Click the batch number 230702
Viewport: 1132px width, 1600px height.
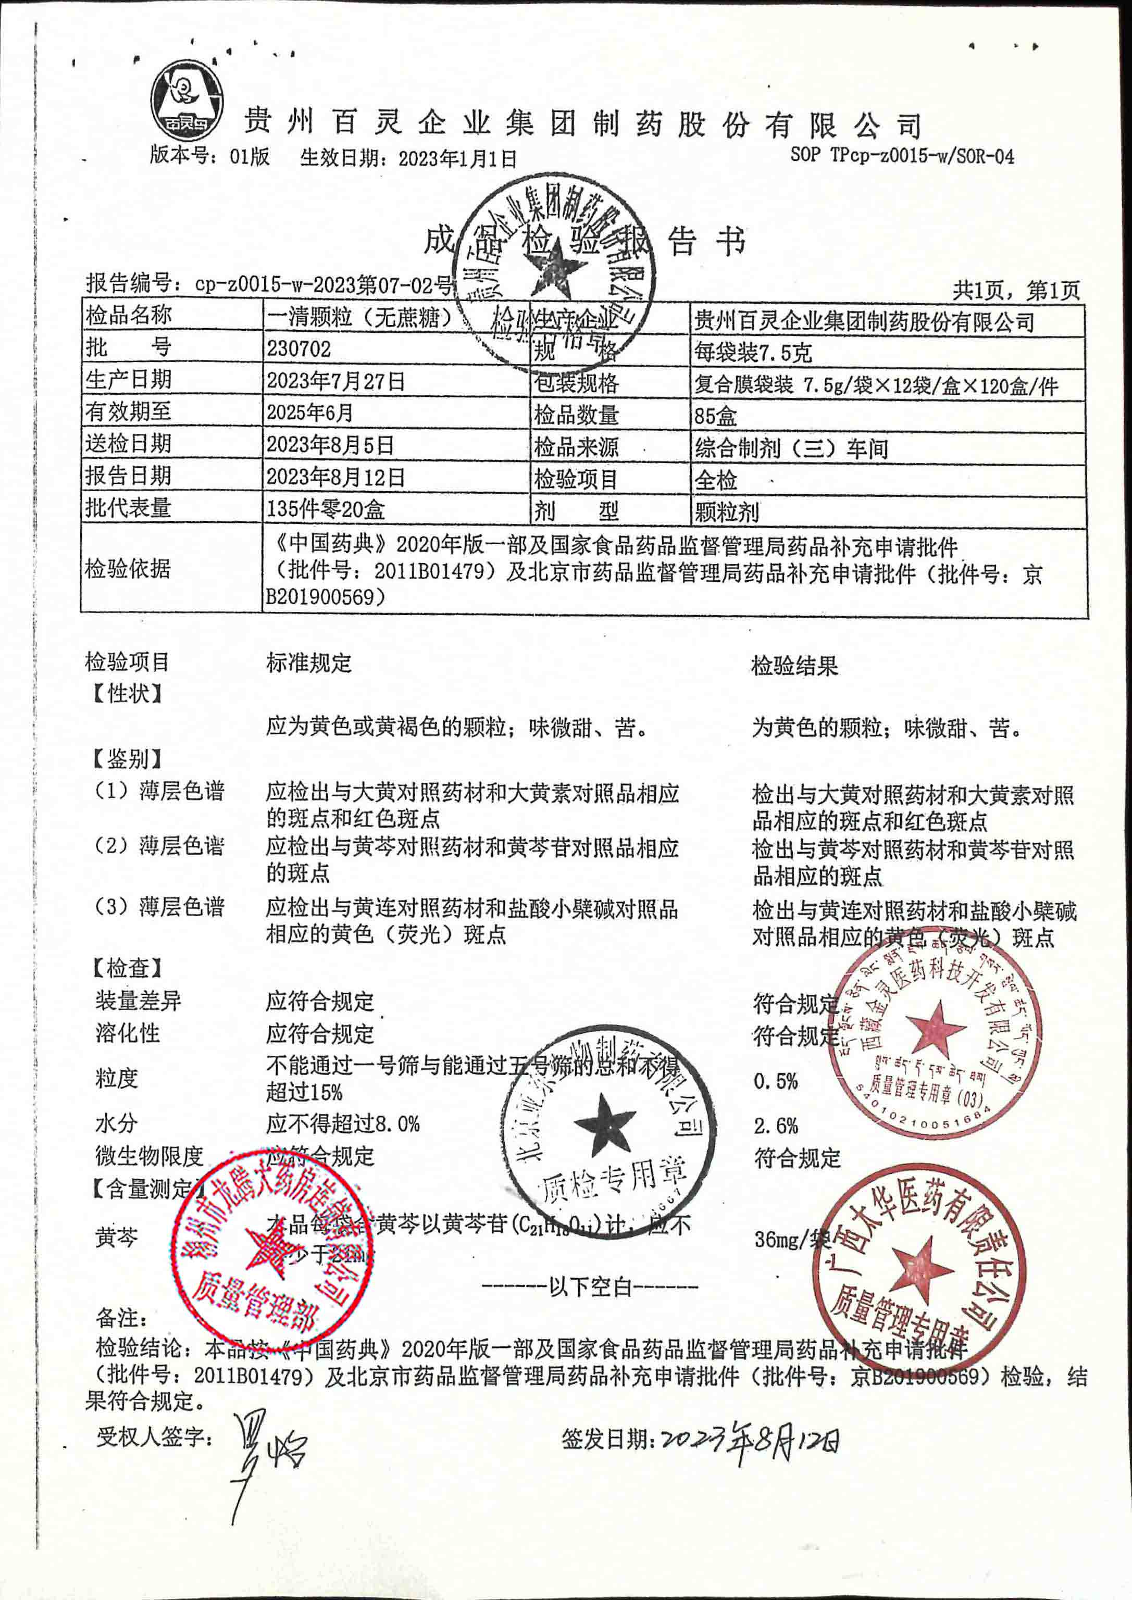pyautogui.click(x=298, y=348)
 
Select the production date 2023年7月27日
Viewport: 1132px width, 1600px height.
pyautogui.click(x=335, y=381)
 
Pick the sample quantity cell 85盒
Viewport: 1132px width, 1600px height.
pyautogui.click(x=715, y=417)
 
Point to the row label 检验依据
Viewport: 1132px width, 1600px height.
pyautogui.click(x=128, y=569)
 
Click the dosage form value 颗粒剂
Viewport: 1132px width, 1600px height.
pyautogui.click(x=726, y=512)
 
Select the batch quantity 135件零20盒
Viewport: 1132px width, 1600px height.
pyautogui.click(x=325, y=509)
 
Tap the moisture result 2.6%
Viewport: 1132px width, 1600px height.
pyautogui.click(x=775, y=1126)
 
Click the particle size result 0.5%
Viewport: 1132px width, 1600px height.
pyautogui.click(x=775, y=1082)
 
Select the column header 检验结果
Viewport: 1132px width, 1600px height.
pyautogui.click(x=794, y=667)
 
